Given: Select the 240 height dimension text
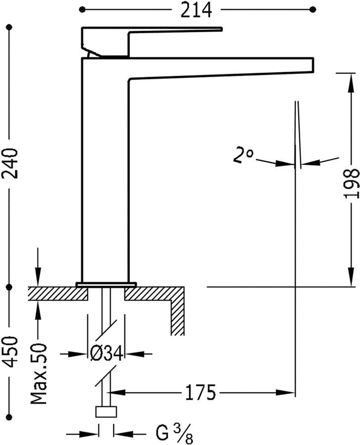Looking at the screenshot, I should click(x=10, y=163).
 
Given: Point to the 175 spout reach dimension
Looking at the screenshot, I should click(x=200, y=393).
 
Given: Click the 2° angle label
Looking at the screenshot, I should click(x=243, y=157).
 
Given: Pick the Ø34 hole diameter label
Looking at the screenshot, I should click(x=105, y=354).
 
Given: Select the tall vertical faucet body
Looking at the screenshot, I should click(x=104, y=173).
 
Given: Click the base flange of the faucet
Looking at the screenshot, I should click(x=106, y=284).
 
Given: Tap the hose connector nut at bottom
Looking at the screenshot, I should click(x=106, y=412).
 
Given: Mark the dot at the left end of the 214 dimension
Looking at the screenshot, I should click(x=83, y=9).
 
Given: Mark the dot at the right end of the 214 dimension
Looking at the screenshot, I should click(x=313, y=9).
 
